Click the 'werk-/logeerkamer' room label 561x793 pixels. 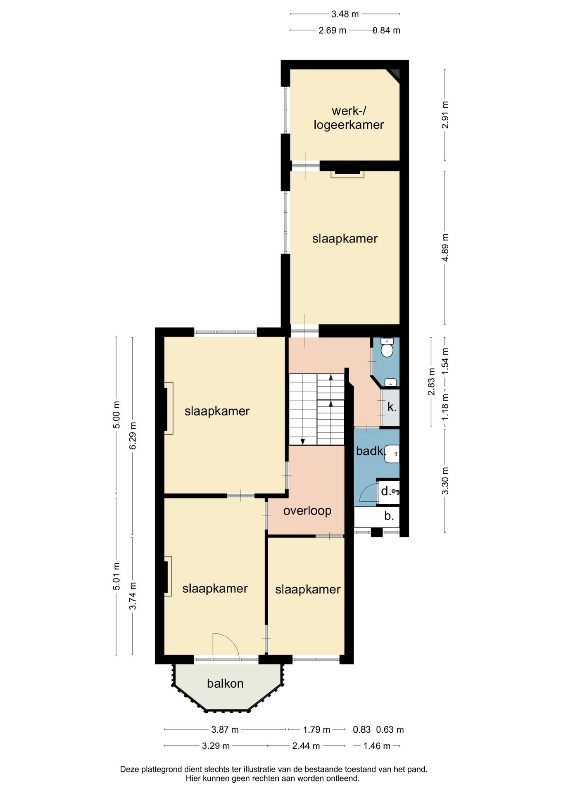coord(349,118)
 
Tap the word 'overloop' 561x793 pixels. coord(307,511)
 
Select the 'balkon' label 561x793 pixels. coord(225,683)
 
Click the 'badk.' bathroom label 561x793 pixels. coord(370,451)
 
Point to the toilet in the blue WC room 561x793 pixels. coord(387,348)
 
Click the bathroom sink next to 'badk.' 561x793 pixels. coord(392,453)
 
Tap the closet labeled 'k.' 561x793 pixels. coord(390,407)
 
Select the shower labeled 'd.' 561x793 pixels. coord(389,491)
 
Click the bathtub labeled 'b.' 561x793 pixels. coord(377,517)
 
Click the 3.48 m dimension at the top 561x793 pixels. coord(345,14)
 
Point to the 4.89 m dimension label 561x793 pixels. coord(445,247)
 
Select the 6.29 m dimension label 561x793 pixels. coord(133,436)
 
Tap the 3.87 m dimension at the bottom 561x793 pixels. coord(225,730)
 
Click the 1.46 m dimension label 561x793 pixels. coord(377,746)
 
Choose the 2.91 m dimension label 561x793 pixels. coord(445,115)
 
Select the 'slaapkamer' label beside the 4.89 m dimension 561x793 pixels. coord(345,238)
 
